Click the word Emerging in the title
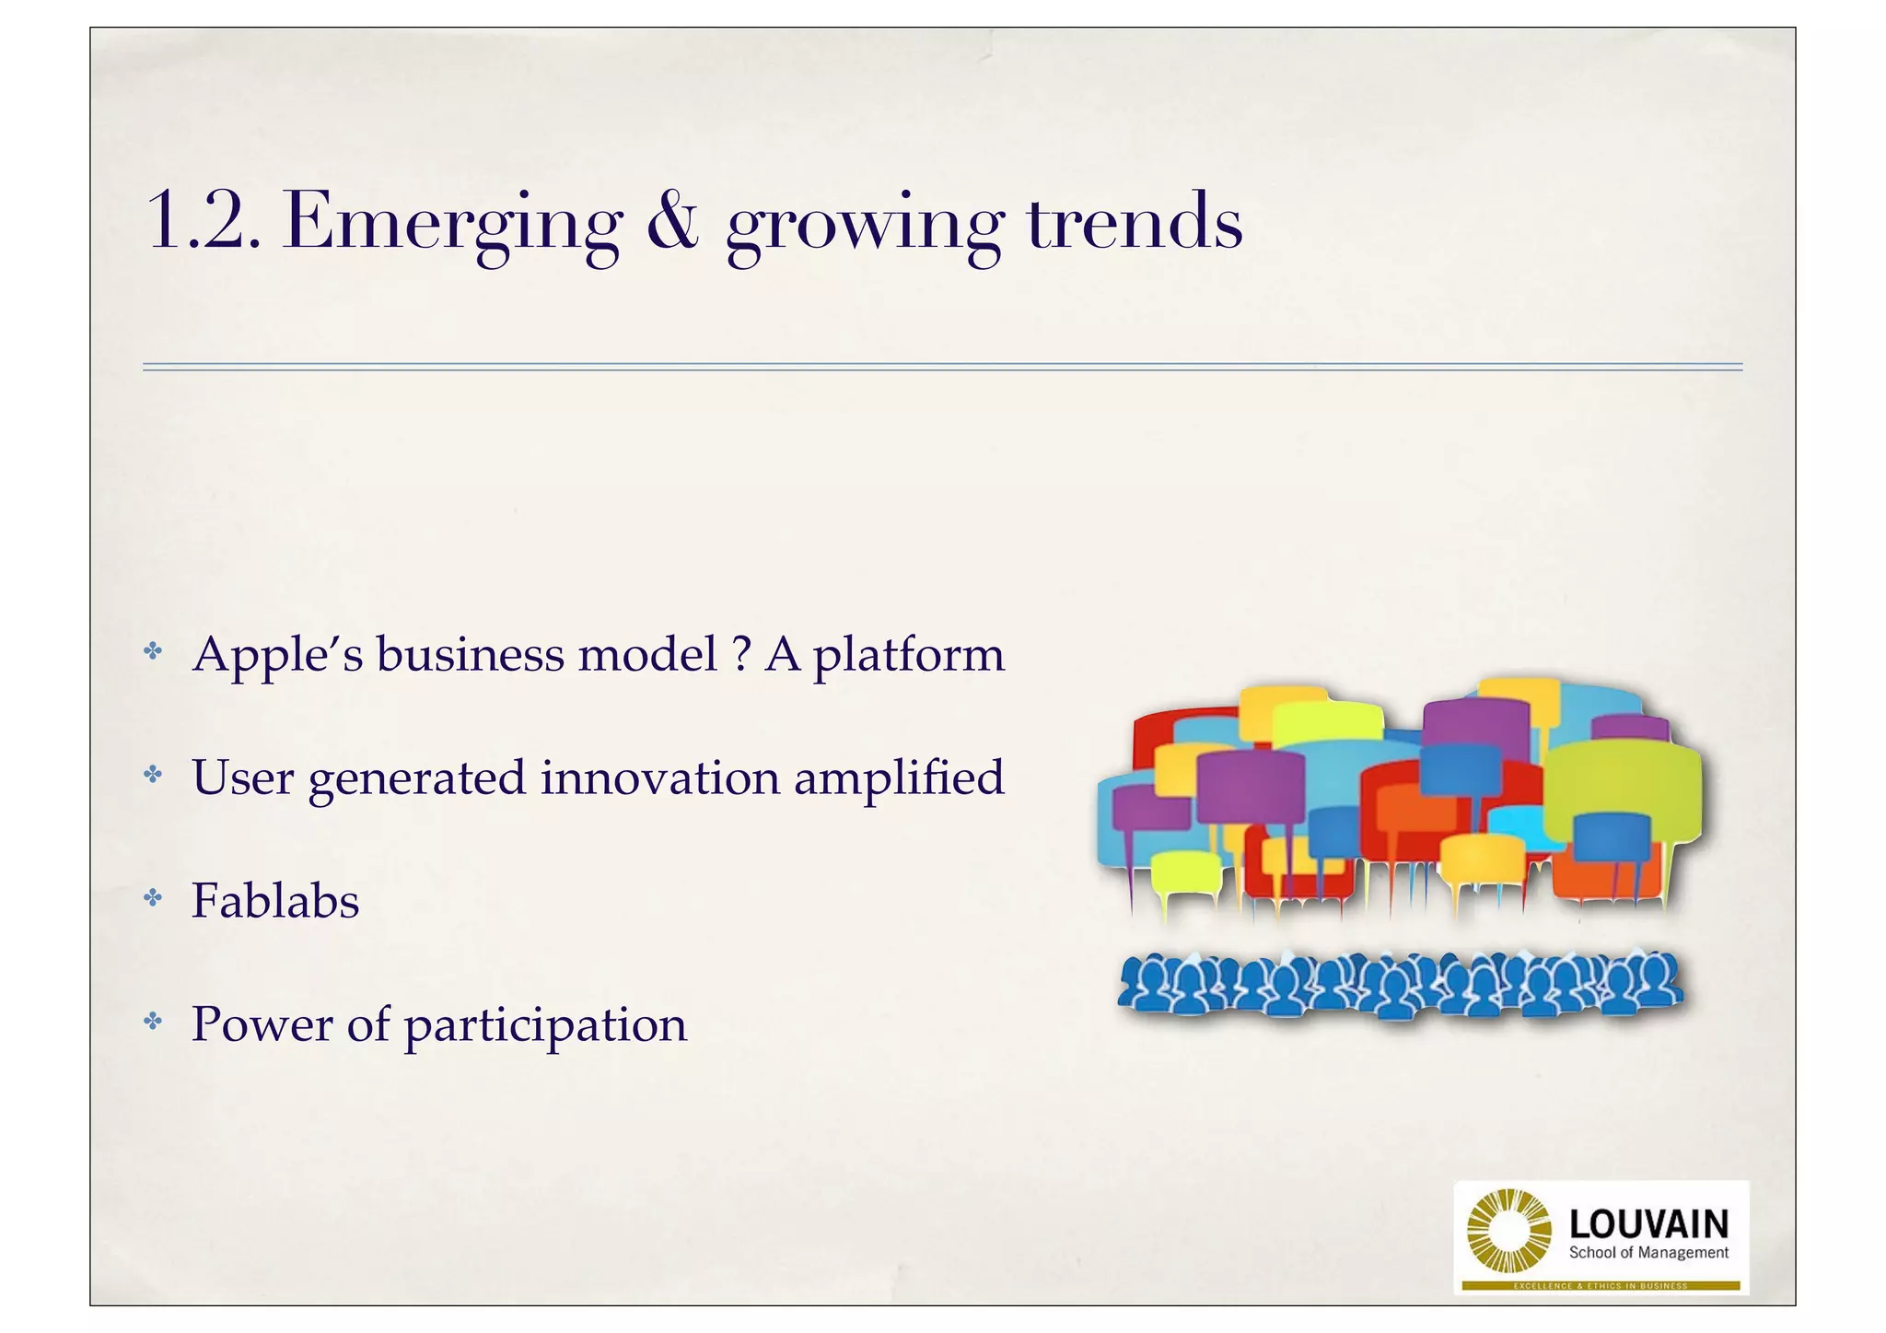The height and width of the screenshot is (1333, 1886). tap(452, 224)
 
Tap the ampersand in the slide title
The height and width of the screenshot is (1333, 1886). tap(672, 221)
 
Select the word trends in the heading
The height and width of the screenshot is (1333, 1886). tap(1134, 222)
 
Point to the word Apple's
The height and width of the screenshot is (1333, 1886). tap(277, 656)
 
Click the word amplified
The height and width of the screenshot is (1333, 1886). tap(899, 779)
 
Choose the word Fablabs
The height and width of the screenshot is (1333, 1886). tap(275, 900)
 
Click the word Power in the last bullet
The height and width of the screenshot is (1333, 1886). tap(262, 1023)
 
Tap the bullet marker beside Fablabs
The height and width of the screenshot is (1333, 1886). tap(153, 898)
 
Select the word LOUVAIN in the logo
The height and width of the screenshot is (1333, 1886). tap(1648, 1224)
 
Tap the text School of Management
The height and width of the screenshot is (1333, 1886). tap(1648, 1253)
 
